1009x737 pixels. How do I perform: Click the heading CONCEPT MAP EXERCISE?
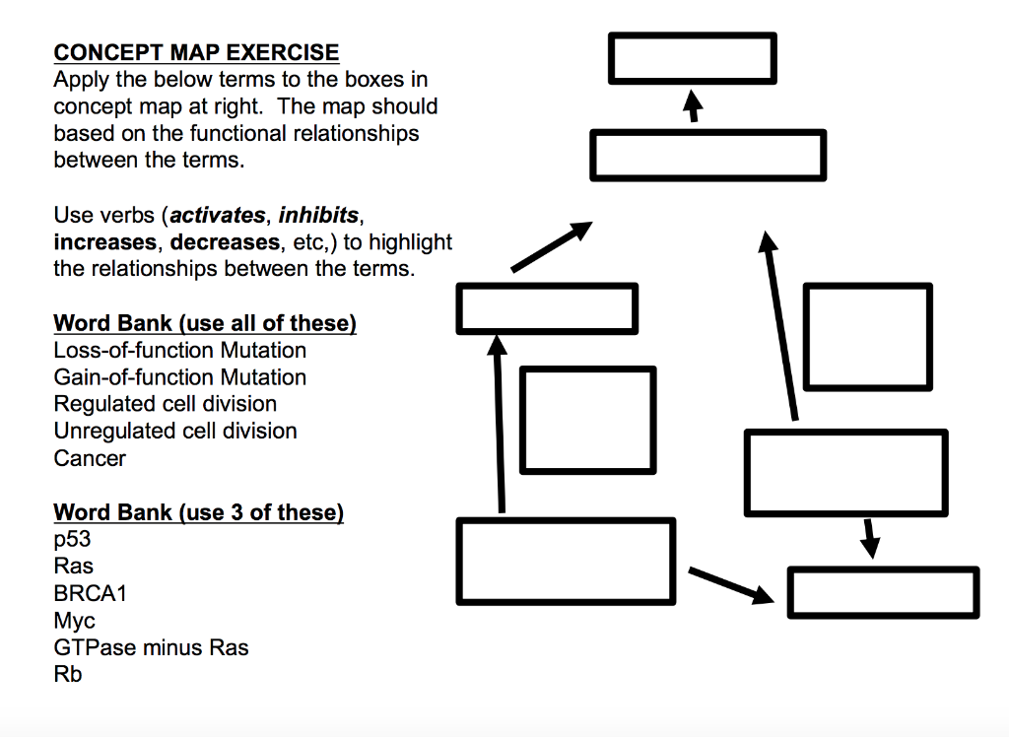pos(196,53)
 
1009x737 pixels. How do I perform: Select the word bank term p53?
pos(71,540)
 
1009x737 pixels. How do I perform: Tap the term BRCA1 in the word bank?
pos(90,594)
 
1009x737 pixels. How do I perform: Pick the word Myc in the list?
pos(75,621)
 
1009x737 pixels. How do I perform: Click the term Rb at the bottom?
pos(68,675)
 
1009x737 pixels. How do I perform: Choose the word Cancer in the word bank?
pos(90,458)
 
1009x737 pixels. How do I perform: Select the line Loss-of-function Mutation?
pos(179,351)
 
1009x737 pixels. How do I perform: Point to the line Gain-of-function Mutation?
pos(179,377)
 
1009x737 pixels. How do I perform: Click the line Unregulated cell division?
pos(174,431)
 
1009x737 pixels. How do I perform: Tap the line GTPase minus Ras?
pos(151,647)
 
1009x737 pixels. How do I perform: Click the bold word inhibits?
pos(319,215)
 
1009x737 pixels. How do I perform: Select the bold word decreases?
pos(225,241)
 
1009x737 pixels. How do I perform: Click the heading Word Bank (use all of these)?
pos(204,323)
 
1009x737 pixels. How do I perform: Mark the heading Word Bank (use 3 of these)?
pos(198,512)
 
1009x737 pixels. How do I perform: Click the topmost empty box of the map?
pos(692,58)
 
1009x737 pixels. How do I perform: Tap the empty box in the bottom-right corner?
pos(883,592)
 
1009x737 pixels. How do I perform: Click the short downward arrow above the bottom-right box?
pos(868,537)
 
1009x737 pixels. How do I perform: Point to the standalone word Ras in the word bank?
pos(73,567)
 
